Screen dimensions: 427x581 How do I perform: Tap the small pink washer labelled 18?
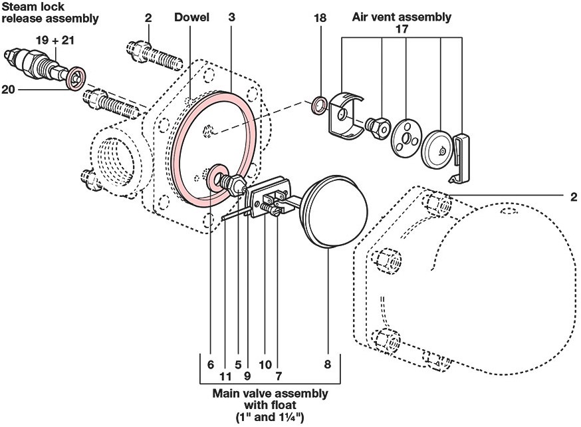pos(319,104)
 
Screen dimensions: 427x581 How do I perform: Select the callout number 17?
pos(401,29)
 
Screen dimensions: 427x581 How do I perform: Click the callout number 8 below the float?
pos(328,365)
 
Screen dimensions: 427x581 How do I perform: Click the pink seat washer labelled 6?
pos(217,180)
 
